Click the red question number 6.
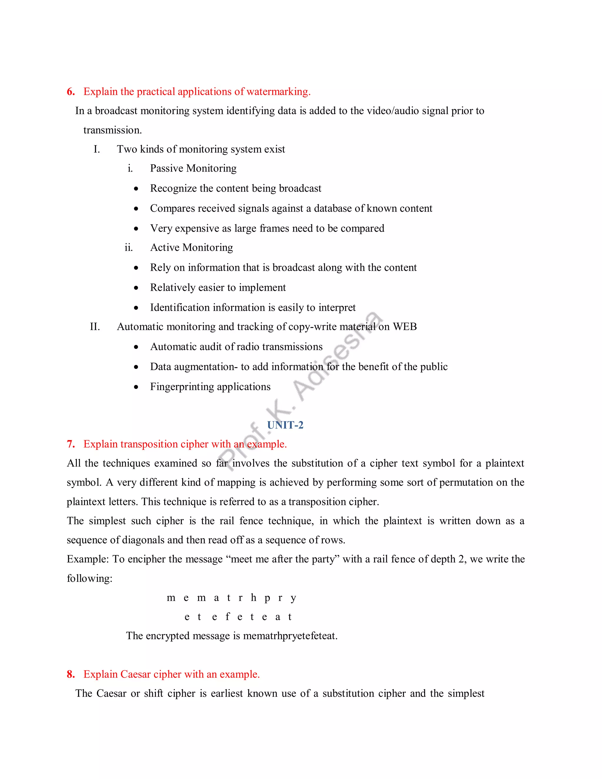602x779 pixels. [x=71, y=92]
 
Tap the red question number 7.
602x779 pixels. [x=71, y=444]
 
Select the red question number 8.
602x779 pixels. [x=71, y=674]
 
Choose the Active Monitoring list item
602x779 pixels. [x=192, y=247]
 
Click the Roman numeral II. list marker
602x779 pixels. [x=95, y=326]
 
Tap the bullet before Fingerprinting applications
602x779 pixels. [x=136, y=387]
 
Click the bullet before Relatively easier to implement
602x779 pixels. [x=136, y=288]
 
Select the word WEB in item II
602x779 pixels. [x=404, y=326]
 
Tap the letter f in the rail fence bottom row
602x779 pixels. [x=228, y=617]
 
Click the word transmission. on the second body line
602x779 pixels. [x=112, y=130]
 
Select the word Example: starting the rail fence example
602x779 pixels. [x=87, y=559]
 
